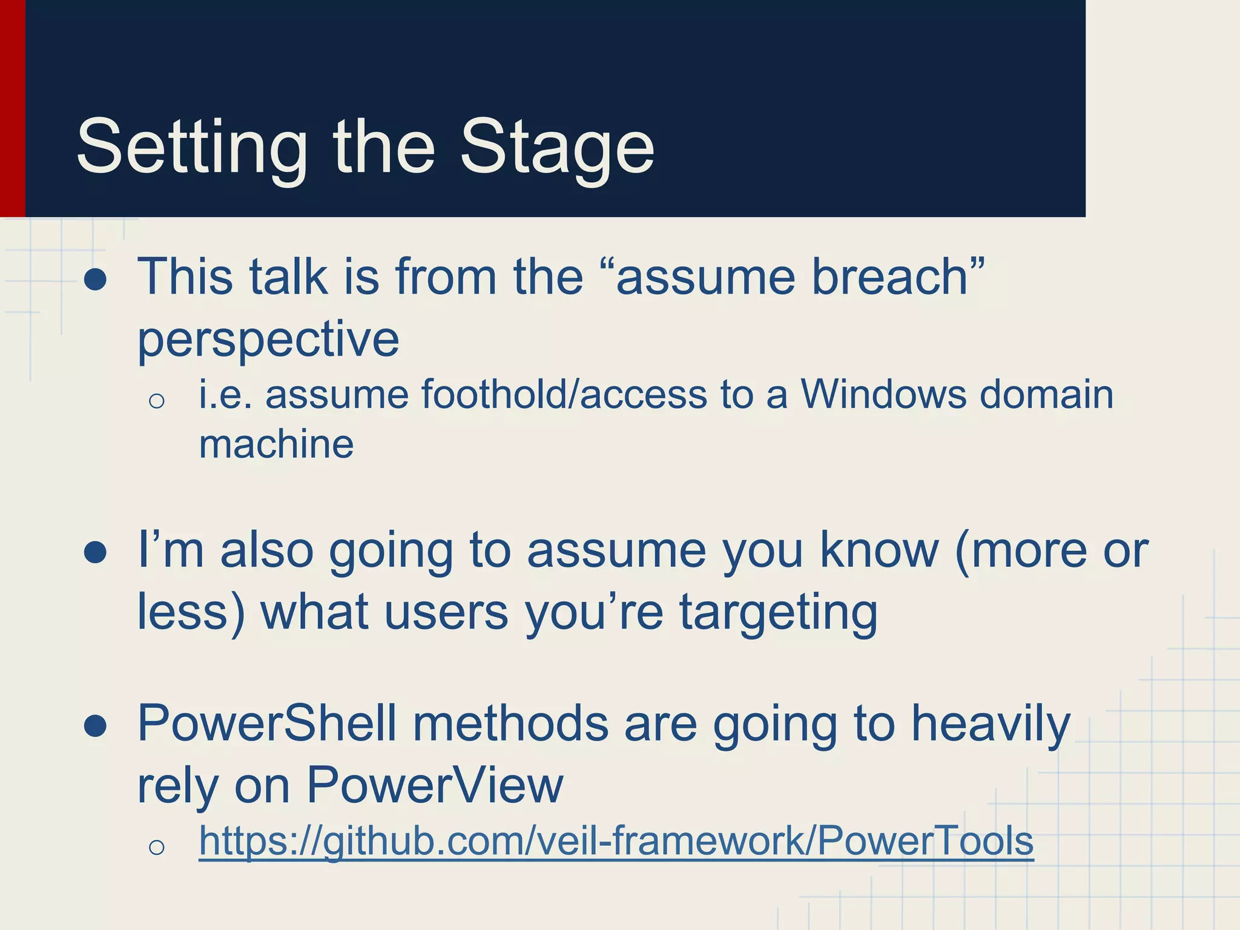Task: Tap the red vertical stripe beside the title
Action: click(x=12, y=109)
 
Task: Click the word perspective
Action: click(x=268, y=339)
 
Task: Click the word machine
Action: click(x=276, y=444)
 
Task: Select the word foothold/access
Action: click(x=564, y=395)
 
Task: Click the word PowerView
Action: click(x=435, y=785)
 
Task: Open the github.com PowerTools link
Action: click(x=616, y=842)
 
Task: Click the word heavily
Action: click(x=991, y=724)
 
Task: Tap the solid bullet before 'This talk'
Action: click(x=96, y=280)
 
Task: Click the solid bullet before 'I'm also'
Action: click(x=96, y=553)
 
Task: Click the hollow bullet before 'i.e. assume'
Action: click(x=156, y=400)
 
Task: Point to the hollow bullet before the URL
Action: click(x=156, y=847)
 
